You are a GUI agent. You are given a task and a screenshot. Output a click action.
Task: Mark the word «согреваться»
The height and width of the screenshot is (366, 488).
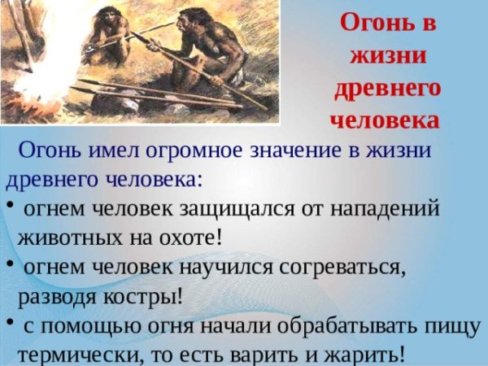click(341, 268)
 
